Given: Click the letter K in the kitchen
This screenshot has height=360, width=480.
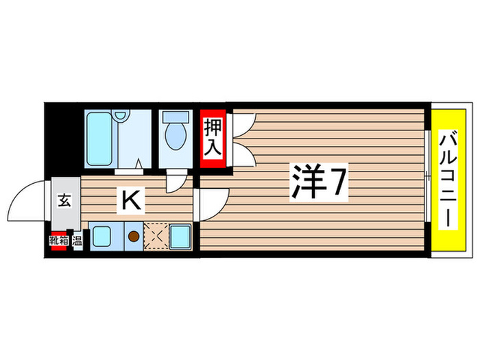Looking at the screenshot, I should pyautogui.click(x=132, y=200).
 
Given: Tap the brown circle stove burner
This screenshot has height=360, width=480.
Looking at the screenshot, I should pyautogui.click(x=134, y=237).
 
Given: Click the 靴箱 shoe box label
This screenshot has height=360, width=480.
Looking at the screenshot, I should pyautogui.click(x=58, y=241).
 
